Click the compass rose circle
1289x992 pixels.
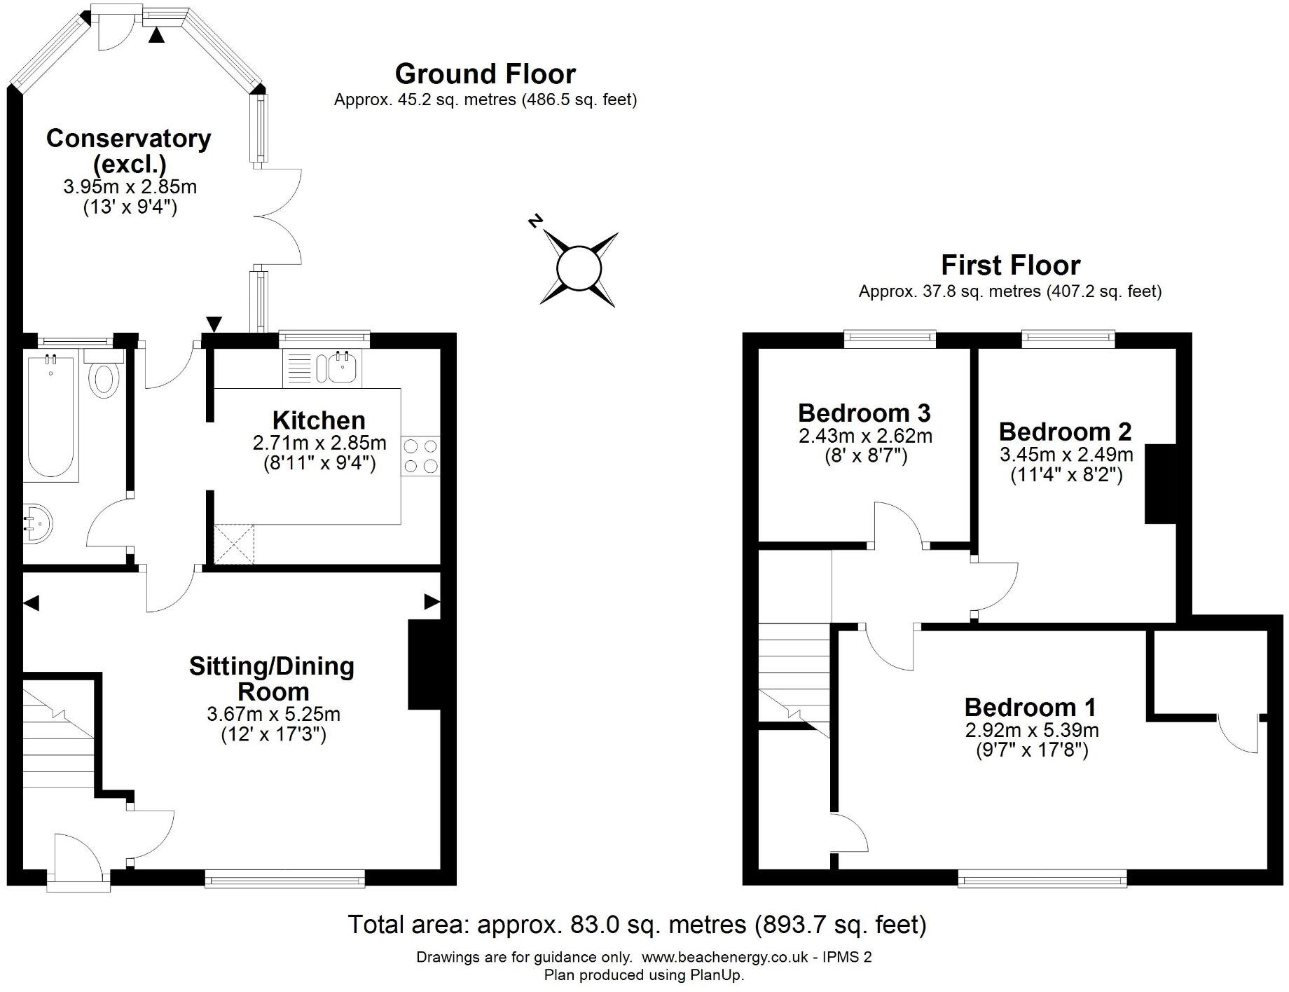point(579,268)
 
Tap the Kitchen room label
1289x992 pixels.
point(319,420)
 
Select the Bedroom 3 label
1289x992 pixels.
point(864,413)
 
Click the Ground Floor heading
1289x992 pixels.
point(485,74)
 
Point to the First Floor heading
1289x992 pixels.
point(1010,266)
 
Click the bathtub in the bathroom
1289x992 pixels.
point(50,417)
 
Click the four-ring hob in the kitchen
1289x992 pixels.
point(421,456)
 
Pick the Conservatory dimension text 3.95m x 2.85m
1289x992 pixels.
point(130,187)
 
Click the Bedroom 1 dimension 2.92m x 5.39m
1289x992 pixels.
point(1032,730)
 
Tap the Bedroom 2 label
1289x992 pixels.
point(1065,432)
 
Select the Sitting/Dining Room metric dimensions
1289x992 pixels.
point(273,715)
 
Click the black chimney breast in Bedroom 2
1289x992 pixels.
point(1160,483)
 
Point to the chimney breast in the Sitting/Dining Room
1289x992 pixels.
point(424,664)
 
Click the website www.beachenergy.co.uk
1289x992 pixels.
point(725,957)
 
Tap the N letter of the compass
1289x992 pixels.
point(535,222)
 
